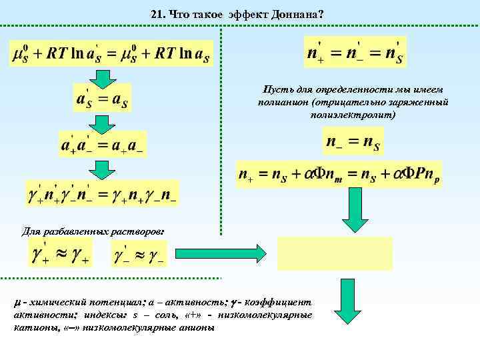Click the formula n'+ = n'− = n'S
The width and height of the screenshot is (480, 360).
355,53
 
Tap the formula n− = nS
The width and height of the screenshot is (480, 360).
353,141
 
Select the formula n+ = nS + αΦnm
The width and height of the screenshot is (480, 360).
339,175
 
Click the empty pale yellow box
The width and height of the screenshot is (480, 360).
335,253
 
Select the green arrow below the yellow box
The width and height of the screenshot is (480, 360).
347,301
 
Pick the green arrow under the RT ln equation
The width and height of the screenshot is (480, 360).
103,78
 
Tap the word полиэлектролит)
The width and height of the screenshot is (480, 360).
353,115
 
